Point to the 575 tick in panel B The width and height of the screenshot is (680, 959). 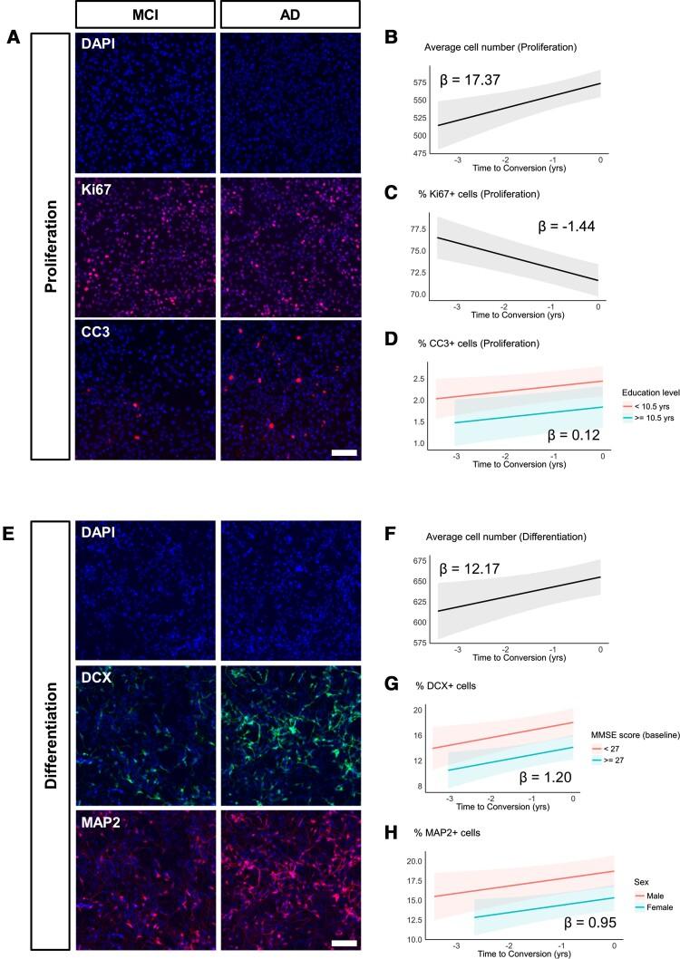tap(418, 83)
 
